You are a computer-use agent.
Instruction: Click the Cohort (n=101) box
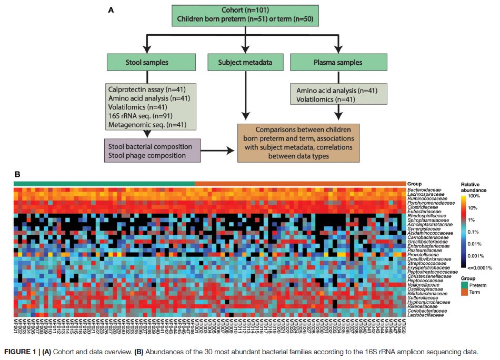(244, 16)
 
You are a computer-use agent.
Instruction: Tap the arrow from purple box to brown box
(216, 151)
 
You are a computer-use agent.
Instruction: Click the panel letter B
(17, 173)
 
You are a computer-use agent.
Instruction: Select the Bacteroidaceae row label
(423, 189)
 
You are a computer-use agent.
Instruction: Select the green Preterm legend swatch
(465, 285)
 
